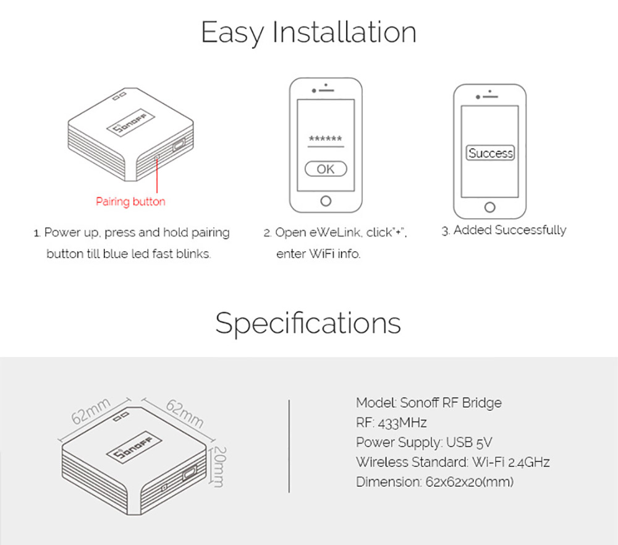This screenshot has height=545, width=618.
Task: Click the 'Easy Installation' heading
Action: coord(308,32)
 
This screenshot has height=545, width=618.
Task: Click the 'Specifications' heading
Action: coord(308,322)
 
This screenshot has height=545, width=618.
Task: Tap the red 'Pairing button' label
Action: coord(130,201)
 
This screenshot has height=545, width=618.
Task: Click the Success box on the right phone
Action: coord(490,153)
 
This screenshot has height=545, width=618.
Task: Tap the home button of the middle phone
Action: coord(326,200)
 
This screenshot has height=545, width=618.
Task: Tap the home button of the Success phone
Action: coord(490,207)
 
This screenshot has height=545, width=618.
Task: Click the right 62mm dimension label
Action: coord(184,413)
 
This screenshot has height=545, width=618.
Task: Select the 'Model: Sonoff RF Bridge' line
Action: coord(428,403)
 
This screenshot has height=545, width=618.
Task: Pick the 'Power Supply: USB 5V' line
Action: coord(424,442)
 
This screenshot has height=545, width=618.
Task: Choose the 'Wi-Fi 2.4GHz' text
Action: coord(510,462)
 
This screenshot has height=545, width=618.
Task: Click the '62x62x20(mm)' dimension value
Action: coord(470,482)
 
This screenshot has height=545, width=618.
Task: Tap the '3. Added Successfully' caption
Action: coord(504,230)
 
